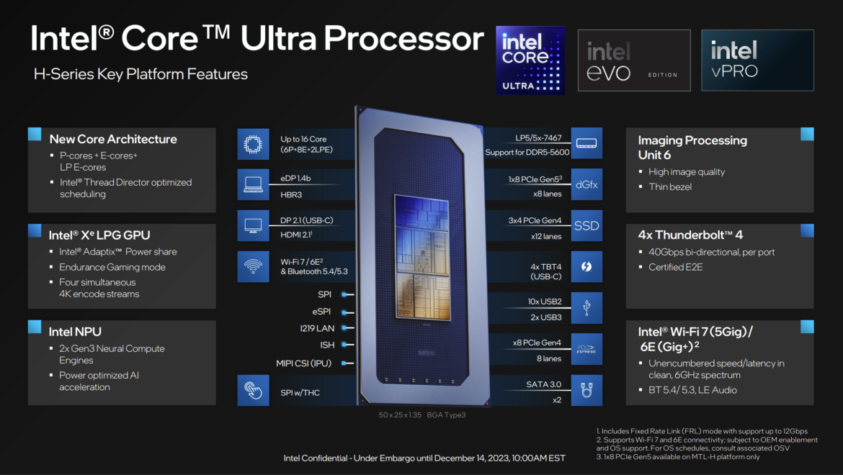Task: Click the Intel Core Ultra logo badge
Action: pos(530,60)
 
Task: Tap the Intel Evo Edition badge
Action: pos(633,60)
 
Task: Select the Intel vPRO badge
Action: pos(757,60)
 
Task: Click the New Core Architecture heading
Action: pos(113,139)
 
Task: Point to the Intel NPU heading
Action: pos(75,332)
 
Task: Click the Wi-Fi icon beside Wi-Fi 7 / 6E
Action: pos(253,266)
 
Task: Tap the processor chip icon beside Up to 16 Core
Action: pos(253,144)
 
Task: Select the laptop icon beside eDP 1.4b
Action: pos(253,185)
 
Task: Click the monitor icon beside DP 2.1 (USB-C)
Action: pos(253,226)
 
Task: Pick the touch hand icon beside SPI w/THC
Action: pos(253,390)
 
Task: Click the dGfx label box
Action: pos(586,185)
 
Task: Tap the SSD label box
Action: pos(586,226)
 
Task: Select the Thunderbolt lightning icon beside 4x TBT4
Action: pos(586,267)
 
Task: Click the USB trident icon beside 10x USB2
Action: pos(586,308)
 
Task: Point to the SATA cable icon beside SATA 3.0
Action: pos(586,390)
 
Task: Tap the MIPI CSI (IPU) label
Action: pos(303,363)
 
